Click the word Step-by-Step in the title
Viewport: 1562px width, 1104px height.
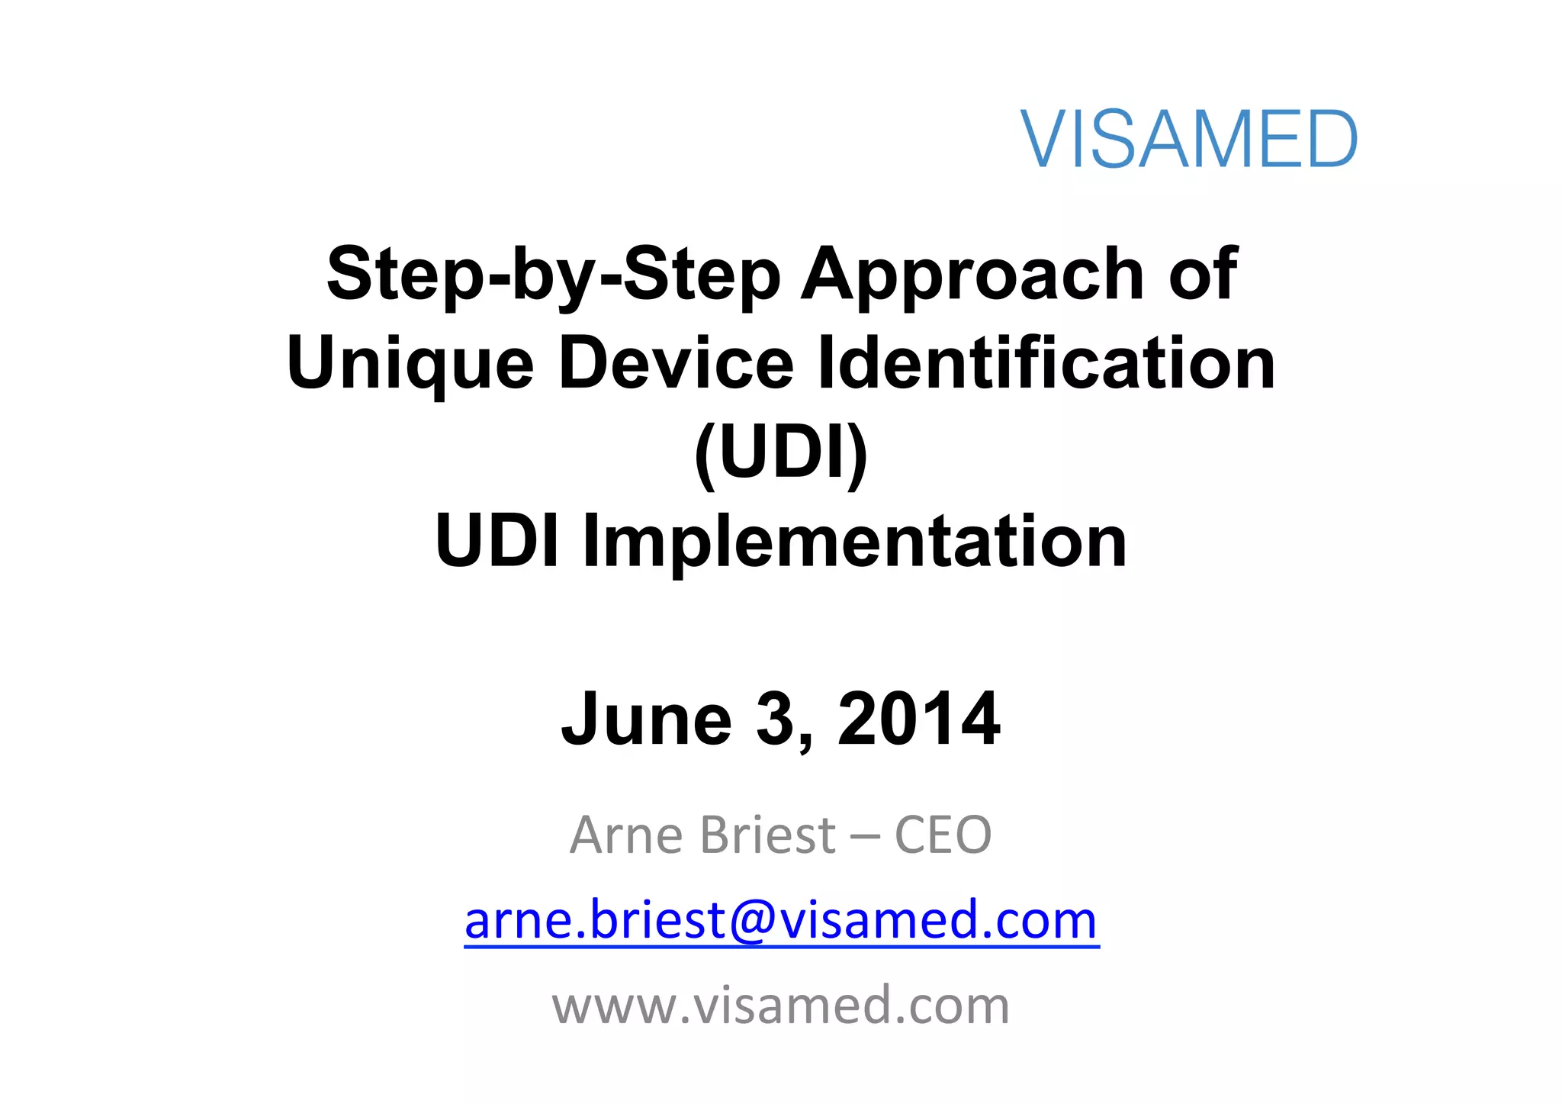click(x=554, y=275)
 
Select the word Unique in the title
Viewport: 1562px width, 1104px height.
click(x=410, y=364)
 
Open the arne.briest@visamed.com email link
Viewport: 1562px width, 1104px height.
click(x=781, y=920)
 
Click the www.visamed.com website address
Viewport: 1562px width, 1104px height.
click(x=781, y=1005)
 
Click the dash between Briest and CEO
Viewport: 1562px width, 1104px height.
click(x=864, y=836)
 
